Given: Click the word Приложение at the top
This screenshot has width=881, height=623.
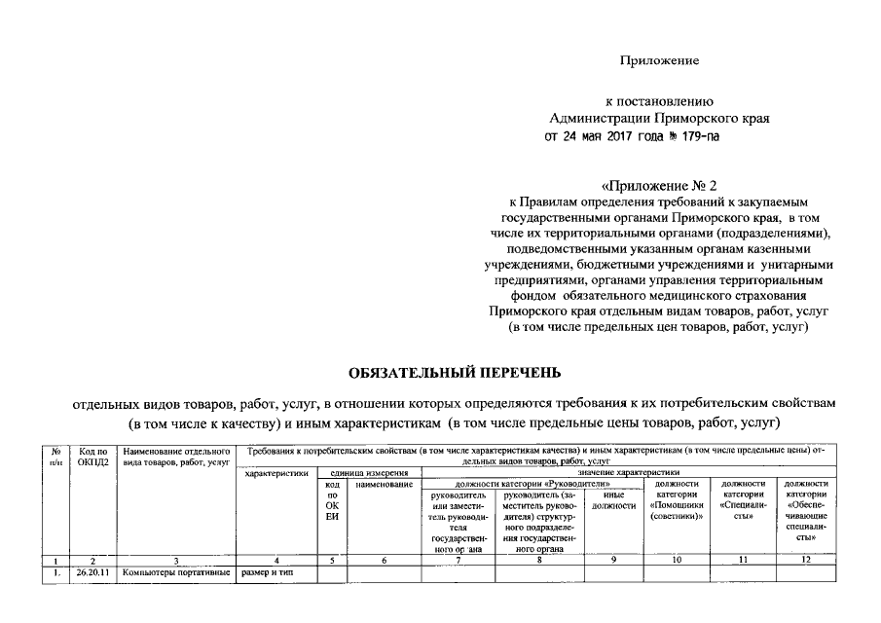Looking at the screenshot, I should (660, 61).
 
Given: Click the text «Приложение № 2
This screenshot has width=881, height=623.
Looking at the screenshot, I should (659, 185).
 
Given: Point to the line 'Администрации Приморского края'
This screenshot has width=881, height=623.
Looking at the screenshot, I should (659, 118).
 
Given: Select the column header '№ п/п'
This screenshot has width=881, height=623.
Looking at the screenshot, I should (57, 458).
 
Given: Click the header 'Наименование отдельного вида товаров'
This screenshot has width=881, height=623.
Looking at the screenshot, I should (176, 458).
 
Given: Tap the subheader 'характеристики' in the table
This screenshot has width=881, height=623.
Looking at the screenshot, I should (277, 473).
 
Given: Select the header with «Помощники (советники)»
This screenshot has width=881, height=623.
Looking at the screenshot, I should (677, 500).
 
